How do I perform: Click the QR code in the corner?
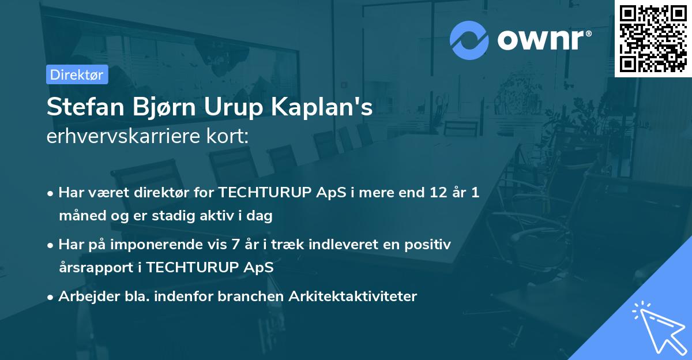[653, 38]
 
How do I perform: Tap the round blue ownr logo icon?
[469, 40]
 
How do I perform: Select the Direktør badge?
[77, 74]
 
